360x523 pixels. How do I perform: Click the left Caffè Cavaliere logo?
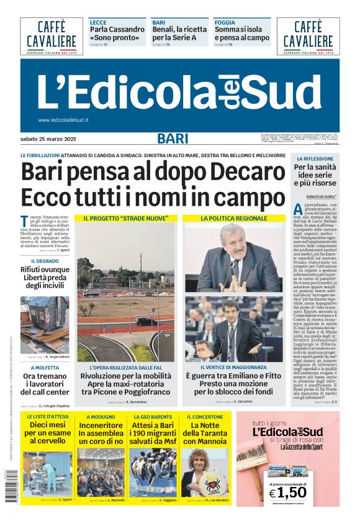(51, 35)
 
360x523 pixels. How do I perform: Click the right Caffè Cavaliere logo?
(308, 35)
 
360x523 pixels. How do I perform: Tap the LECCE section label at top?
(98, 22)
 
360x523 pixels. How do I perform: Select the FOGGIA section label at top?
(225, 22)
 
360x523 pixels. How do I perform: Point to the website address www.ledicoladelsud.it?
(63, 120)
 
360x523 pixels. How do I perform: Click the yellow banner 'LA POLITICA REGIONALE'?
(233, 219)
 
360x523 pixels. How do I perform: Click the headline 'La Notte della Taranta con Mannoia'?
(204, 433)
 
